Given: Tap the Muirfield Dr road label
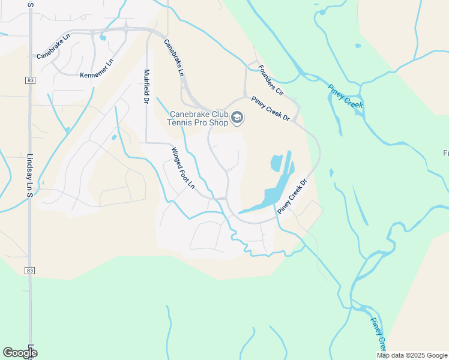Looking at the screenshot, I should click(145, 87).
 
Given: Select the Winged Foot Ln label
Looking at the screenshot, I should click(183, 169).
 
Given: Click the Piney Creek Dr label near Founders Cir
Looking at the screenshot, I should click(271, 109).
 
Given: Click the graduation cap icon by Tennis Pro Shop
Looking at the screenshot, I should click(237, 118).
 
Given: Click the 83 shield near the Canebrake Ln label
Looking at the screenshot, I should click(29, 80).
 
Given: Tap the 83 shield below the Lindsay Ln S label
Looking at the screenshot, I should click(29, 271).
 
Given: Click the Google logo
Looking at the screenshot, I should click(20, 353).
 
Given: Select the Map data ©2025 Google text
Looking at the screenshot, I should click(412, 355).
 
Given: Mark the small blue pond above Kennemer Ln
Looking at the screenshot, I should click(103, 38).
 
